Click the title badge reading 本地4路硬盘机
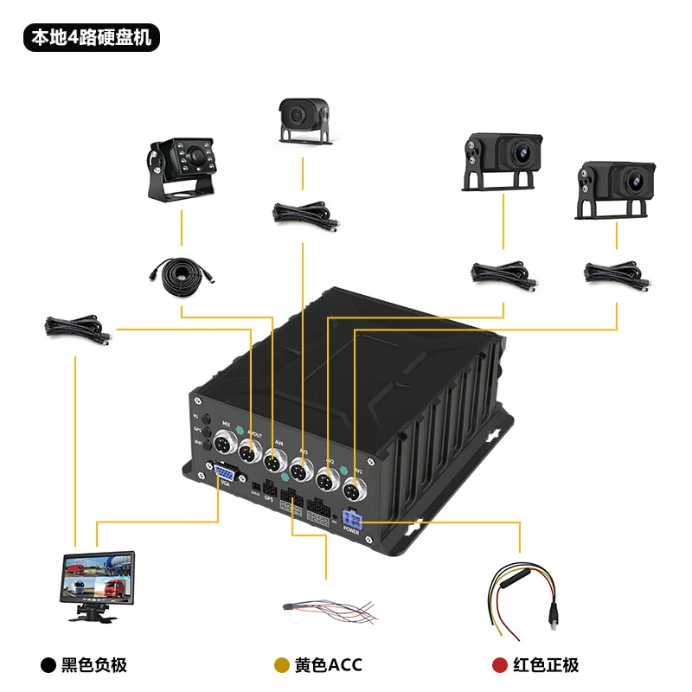(91, 39)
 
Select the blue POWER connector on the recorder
(352, 521)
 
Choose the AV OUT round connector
(249, 452)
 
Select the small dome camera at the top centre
(301, 119)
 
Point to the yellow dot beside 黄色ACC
(281, 665)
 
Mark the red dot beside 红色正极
(499, 665)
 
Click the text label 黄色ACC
(328, 665)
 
